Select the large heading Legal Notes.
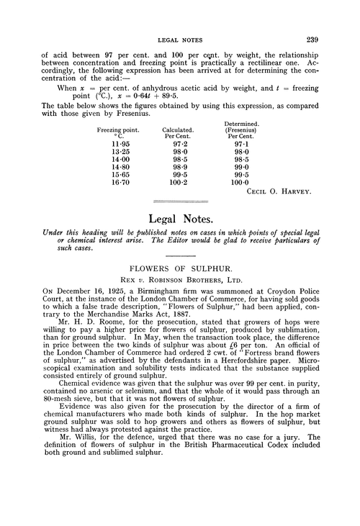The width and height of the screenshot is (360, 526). point(179,217)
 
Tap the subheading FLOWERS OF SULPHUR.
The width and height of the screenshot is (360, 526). point(180,274)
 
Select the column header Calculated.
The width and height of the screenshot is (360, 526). point(176,130)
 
